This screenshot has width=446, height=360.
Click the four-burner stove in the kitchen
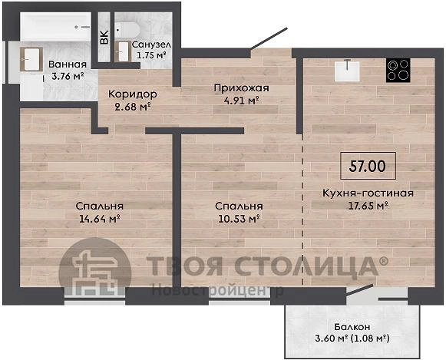click(398, 71)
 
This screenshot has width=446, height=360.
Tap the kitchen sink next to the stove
click(347, 71)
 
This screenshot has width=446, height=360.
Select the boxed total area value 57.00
click(368, 166)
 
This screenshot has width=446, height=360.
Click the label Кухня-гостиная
click(368, 193)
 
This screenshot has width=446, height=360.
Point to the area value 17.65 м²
click(368, 205)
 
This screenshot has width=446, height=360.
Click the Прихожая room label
click(242, 88)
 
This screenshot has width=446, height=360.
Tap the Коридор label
click(133, 94)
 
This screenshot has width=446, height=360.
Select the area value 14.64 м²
click(99, 219)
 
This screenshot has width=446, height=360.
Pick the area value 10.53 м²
click(239, 219)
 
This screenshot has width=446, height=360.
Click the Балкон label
click(352, 327)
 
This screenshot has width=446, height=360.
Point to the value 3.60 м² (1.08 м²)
click(352, 339)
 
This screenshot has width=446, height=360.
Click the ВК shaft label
click(104, 37)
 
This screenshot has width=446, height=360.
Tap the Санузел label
click(151, 45)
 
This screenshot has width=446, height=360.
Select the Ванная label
click(68, 64)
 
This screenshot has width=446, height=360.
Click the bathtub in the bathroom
click(56, 27)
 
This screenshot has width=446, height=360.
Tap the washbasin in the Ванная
click(31, 59)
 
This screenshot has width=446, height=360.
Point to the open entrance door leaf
click(269, 39)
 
